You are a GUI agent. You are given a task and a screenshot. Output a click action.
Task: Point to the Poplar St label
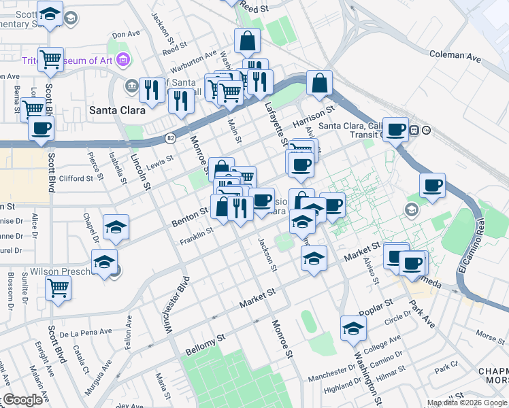pyautogui.click(x=380, y=303)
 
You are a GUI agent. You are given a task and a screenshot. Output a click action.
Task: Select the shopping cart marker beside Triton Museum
pyautogui.click(x=50, y=59)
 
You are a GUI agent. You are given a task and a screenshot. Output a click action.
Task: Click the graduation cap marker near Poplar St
pyautogui.click(x=353, y=328)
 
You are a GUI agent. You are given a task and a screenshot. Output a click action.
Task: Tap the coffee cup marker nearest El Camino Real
pyautogui.click(x=432, y=185)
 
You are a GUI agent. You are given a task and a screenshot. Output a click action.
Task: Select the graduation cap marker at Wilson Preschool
pyautogui.click(x=104, y=261)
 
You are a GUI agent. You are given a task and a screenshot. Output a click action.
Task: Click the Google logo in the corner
pyautogui.click(x=22, y=400)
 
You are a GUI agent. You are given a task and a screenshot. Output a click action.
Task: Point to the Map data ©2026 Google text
pyautogui.click(x=466, y=403)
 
